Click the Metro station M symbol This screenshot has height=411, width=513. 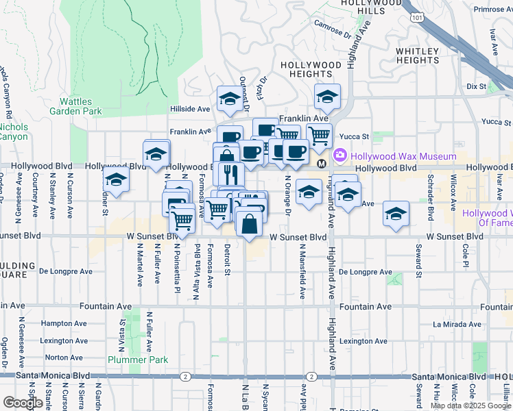tap(321, 164)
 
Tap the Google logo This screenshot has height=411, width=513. tap(23, 403)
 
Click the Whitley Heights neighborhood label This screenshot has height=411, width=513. tap(417, 55)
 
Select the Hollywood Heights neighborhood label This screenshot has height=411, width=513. tap(311, 69)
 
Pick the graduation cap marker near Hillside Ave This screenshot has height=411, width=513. tap(228, 100)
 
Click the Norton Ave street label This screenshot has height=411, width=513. tap(64, 358)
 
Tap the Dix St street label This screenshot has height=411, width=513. tap(476, 87)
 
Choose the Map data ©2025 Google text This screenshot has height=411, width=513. tap(470, 406)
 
